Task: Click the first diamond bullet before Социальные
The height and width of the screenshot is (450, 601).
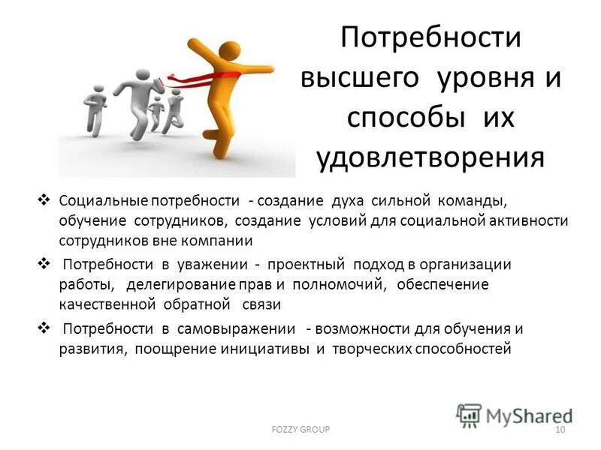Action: (x=43, y=201)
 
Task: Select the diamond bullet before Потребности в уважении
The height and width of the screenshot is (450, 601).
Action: (x=43, y=264)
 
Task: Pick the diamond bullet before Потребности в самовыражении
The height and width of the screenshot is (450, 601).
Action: (x=43, y=328)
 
